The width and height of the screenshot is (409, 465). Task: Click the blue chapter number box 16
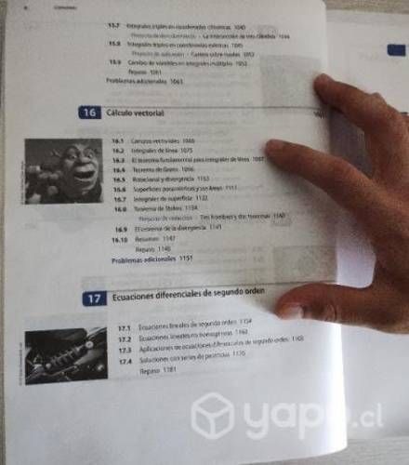tap(90, 113)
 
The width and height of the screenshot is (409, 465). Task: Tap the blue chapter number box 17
tap(93, 299)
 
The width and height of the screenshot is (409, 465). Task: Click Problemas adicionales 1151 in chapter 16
tap(149, 259)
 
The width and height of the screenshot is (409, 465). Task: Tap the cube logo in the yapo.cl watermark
tap(211, 416)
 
